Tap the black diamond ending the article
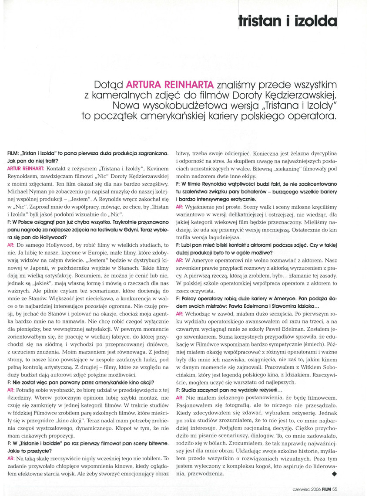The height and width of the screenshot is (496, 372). coord(334,473)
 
